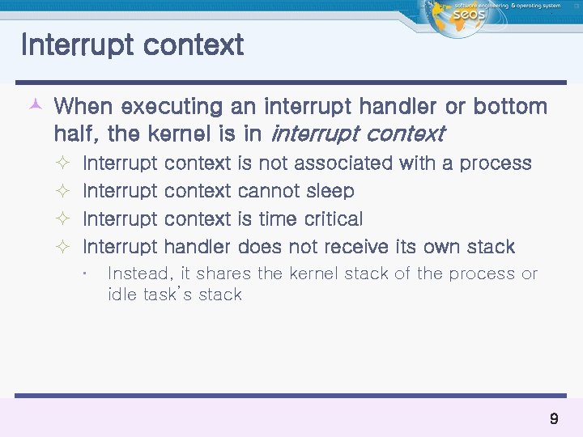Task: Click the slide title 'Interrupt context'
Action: tap(132, 45)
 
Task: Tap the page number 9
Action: tap(554, 418)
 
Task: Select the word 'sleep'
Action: tap(330, 192)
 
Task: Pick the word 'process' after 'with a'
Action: tap(496, 163)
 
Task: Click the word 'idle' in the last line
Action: tap(121, 295)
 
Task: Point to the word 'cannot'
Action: tap(270, 192)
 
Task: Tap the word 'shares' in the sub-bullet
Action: tap(224, 274)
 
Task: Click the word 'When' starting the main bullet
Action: tap(85, 106)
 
